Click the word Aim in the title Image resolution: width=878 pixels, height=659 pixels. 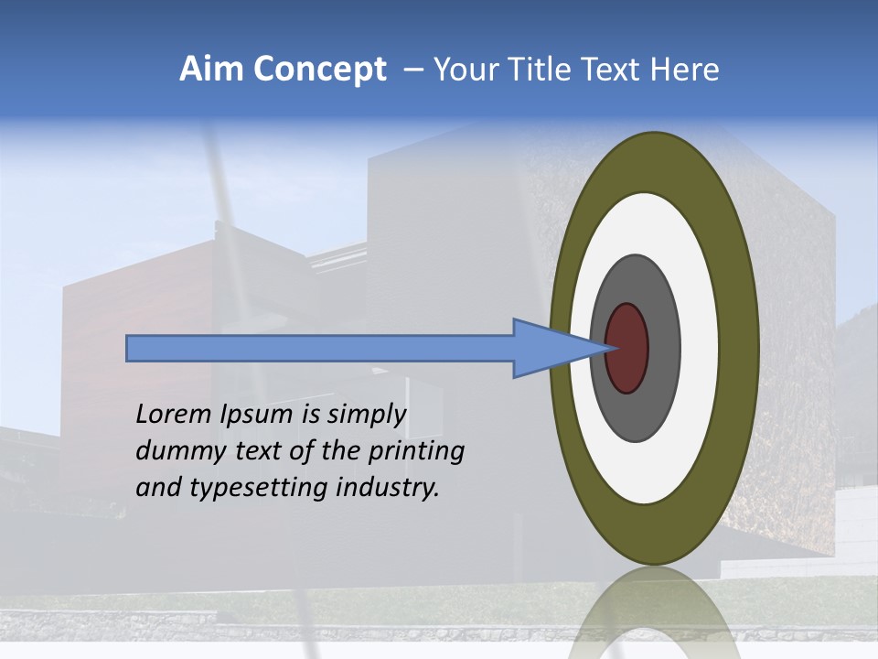[210, 70]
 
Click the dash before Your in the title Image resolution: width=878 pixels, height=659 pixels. [412, 70]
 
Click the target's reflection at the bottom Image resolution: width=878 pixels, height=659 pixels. [654, 613]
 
